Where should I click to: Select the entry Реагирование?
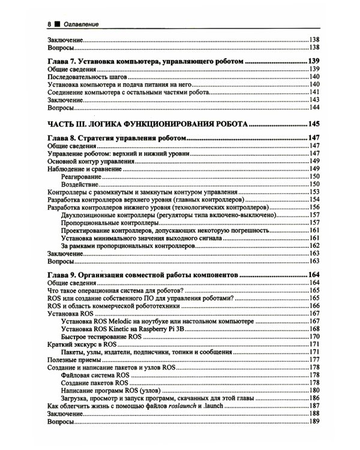click(x=83, y=177)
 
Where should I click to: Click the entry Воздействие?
click(x=82, y=185)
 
